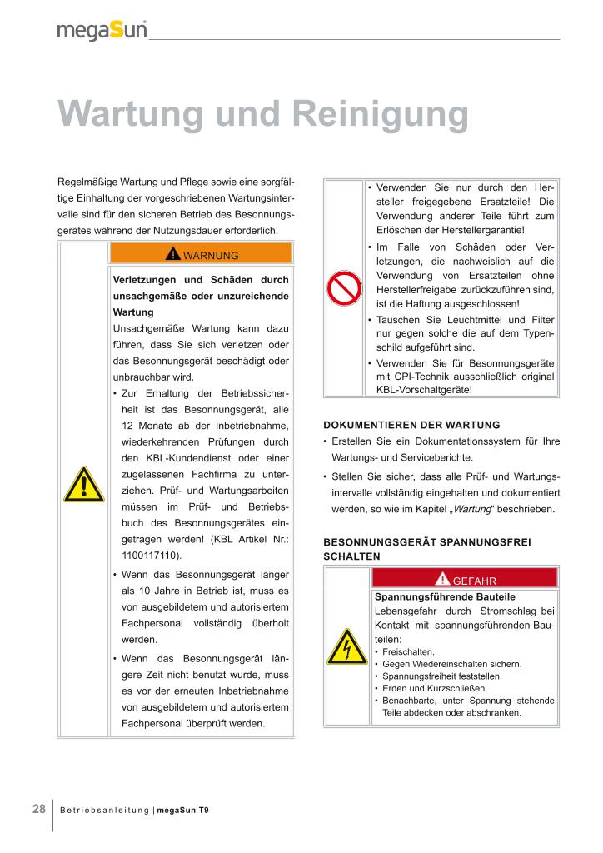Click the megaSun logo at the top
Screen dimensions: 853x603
[102, 31]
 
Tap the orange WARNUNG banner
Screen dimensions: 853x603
[201, 254]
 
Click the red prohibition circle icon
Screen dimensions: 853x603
[343, 288]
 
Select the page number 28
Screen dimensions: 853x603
[39, 809]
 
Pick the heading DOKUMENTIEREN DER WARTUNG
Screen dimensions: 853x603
[411, 424]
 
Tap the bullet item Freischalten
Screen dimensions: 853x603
[408, 651]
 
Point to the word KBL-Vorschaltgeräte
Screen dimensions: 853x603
[425, 389]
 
